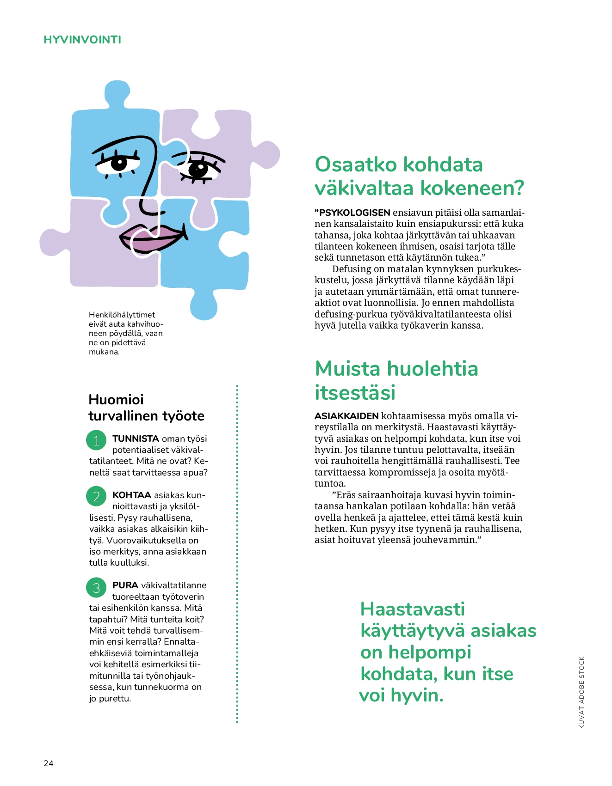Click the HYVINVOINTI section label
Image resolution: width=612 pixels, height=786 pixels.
(82, 40)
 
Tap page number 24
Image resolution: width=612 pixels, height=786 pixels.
(49, 763)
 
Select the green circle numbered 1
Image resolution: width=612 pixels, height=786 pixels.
(96, 440)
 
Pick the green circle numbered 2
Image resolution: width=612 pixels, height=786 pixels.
(96, 496)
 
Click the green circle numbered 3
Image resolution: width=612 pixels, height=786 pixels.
(96, 587)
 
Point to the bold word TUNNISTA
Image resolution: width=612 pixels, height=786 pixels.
(136, 439)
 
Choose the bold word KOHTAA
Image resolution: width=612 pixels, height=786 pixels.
(132, 495)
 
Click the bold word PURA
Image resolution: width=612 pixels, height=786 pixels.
(125, 585)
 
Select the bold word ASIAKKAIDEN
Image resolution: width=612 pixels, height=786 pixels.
(346, 416)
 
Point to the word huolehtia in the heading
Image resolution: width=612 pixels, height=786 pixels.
(432, 369)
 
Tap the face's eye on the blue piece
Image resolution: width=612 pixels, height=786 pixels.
(119, 163)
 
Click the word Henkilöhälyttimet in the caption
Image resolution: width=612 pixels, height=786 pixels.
(122, 315)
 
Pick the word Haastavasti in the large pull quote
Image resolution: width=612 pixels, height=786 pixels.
(412, 609)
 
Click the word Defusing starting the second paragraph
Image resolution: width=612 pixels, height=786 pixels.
(352, 269)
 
